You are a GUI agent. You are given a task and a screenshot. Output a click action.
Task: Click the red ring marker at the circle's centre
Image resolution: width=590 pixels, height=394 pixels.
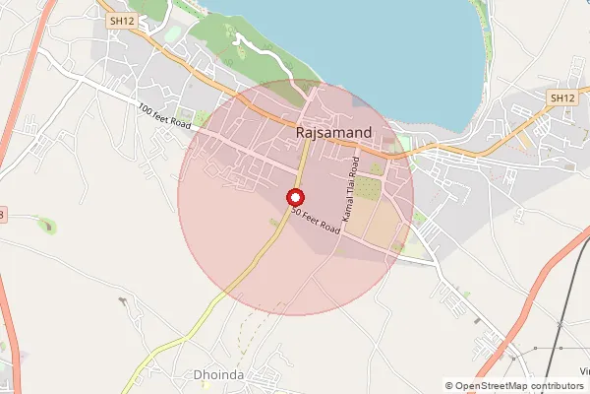[x=295, y=196]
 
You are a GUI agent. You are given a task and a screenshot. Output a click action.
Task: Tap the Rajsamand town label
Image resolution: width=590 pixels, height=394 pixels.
[x=331, y=131]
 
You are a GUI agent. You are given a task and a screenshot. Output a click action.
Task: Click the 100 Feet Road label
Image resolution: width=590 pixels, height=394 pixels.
[x=164, y=117]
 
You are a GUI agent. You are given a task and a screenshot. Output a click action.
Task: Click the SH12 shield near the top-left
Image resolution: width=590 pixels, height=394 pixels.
[x=121, y=20]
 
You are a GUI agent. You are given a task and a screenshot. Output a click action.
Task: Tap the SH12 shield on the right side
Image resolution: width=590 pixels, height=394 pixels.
[x=561, y=98]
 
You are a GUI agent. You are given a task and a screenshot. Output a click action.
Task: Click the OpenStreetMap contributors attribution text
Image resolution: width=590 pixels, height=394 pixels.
[x=518, y=386]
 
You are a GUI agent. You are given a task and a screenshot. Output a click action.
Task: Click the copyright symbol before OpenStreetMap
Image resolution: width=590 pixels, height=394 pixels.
[x=448, y=386]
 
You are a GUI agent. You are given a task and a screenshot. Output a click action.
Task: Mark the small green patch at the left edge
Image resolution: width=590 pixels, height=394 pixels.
[x=46, y=225]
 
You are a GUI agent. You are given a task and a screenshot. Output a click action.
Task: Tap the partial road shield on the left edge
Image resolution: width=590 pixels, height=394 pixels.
[x=2, y=215]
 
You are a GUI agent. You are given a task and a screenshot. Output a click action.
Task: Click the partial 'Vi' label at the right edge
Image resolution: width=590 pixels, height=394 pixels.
[x=584, y=370]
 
